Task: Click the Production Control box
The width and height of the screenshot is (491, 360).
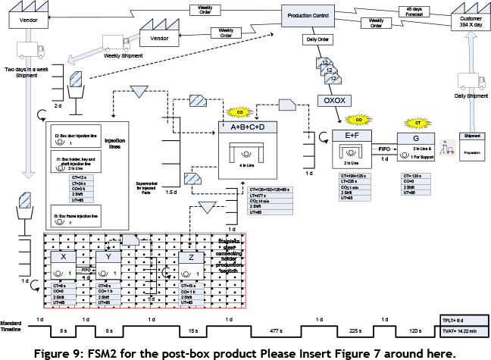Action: [x=312, y=14]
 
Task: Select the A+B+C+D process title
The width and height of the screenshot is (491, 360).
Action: [x=248, y=127]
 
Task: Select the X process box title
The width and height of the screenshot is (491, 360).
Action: [x=61, y=258]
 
